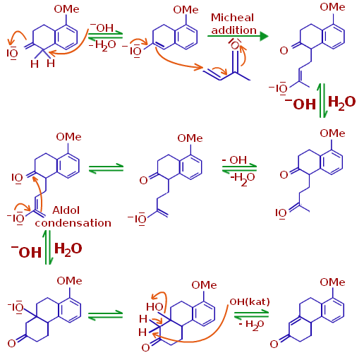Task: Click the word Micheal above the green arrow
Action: click(x=232, y=18)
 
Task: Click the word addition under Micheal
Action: click(x=234, y=30)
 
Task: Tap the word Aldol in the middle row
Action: click(x=66, y=210)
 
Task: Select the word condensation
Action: click(x=73, y=223)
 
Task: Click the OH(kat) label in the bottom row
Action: click(x=250, y=301)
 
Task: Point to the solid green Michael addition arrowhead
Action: click(x=264, y=36)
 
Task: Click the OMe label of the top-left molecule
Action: click(x=66, y=9)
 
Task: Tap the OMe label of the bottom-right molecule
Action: click(x=332, y=282)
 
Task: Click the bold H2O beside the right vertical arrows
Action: click(x=341, y=102)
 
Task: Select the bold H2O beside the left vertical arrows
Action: click(x=68, y=249)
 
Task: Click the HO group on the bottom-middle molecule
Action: click(x=154, y=307)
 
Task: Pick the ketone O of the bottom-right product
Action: click(x=274, y=344)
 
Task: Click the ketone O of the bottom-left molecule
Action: click(x=11, y=344)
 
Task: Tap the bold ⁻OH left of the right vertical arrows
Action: click(x=301, y=104)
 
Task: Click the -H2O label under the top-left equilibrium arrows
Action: click(x=102, y=45)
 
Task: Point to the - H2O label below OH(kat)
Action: click(x=251, y=325)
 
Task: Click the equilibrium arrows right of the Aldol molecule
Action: click(x=106, y=169)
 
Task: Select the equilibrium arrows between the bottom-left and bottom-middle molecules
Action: click(x=106, y=316)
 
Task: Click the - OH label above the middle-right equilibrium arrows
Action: click(x=234, y=160)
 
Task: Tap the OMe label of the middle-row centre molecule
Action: click(x=190, y=138)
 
